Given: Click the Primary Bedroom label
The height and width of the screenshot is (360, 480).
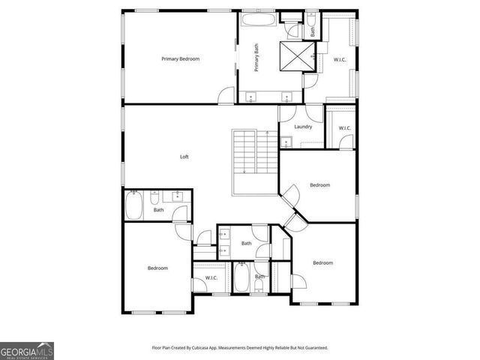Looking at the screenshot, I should pyautogui.click(x=180, y=58).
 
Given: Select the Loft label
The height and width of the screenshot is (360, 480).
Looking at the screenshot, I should pyautogui.click(x=184, y=157).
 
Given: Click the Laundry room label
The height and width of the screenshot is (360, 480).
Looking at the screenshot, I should pyautogui.click(x=303, y=127).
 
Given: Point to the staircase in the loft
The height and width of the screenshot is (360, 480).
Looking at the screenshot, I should pyautogui.click(x=244, y=153).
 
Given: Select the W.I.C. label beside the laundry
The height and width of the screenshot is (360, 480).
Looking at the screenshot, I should pyautogui.click(x=344, y=128).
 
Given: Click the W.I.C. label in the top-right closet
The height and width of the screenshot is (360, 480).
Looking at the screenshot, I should pyautogui.click(x=340, y=58).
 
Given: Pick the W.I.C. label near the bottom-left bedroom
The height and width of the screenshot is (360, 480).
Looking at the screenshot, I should pyautogui.click(x=211, y=278).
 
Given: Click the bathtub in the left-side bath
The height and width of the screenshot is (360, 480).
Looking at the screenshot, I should pyautogui.click(x=133, y=206).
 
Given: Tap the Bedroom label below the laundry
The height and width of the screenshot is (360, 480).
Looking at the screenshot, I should pyautogui.click(x=320, y=184).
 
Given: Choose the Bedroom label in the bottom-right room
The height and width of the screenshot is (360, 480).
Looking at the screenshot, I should pyautogui.click(x=322, y=262).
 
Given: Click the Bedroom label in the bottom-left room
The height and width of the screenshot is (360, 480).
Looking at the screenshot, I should pyautogui.click(x=157, y=268).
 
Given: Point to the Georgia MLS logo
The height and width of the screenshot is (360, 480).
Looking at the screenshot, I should pyautogui.click(x=26, y=350).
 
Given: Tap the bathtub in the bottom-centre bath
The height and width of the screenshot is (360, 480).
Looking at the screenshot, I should pyautogui.click(x=241, y=277).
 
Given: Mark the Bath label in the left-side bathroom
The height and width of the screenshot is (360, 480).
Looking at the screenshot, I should pyautogui.click(x=158, y=210).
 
